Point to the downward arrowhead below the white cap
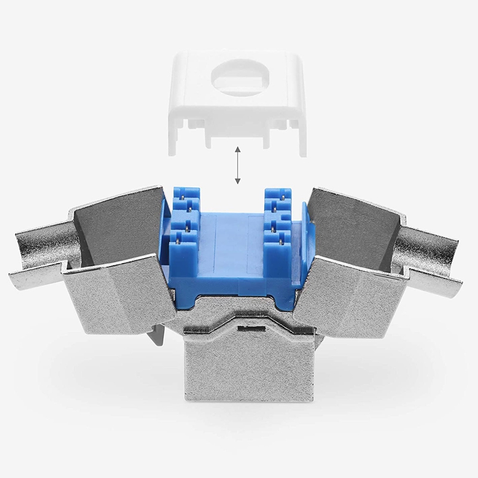coord(237,182)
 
